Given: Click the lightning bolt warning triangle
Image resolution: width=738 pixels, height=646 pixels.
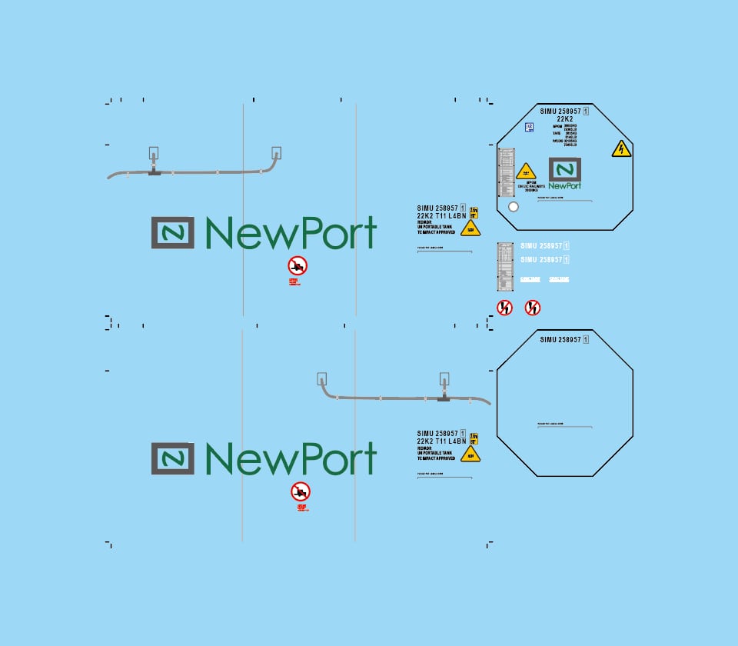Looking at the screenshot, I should point(621,149).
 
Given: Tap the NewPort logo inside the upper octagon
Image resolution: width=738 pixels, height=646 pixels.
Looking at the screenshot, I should point(565,174).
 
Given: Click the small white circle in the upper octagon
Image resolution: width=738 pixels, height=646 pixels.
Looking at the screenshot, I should point(514,206).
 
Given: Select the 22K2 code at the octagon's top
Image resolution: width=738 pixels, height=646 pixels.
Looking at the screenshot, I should point(565,119).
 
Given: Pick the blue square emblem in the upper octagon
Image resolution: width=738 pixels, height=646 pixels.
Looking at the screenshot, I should point(529,128).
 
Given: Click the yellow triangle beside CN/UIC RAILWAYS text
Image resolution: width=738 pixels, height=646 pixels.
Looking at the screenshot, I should point(526,171).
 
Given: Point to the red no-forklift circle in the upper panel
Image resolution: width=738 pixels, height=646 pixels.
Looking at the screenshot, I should point(298,266).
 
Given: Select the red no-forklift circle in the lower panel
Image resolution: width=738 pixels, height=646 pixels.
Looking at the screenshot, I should point(301,491).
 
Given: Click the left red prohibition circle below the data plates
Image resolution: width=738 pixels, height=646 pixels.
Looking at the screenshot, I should point(504,308).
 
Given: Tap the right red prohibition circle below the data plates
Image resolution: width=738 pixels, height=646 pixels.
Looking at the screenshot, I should point(533,308).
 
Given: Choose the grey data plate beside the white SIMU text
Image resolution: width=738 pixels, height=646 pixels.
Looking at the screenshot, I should point(505,267).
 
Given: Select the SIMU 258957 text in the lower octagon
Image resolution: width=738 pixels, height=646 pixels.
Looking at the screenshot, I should point(564,339).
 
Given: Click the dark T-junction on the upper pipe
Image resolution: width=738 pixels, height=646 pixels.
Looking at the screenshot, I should point(155,172).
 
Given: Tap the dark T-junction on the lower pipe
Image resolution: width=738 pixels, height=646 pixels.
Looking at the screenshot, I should point(443,398).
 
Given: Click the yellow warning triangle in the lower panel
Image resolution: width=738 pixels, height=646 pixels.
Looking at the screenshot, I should point(470,454).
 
